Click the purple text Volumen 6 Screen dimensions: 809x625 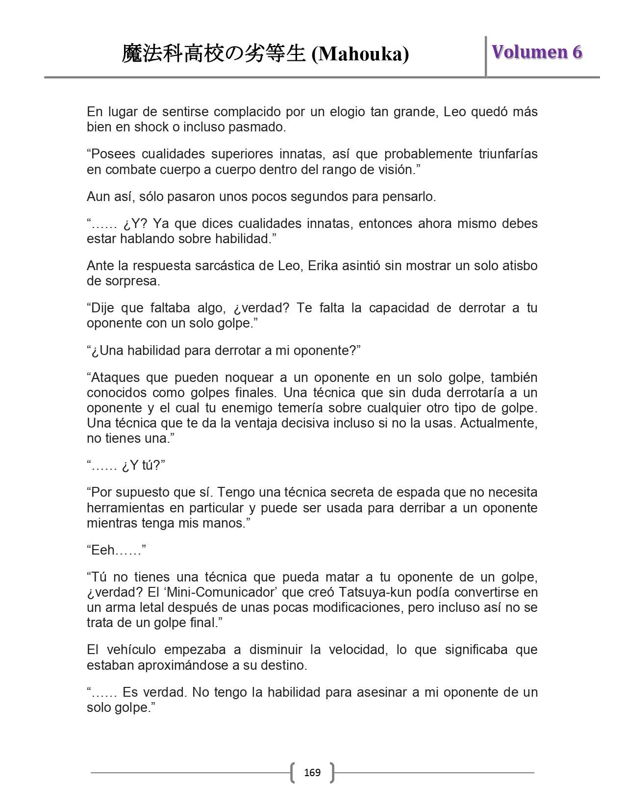click(537, 52)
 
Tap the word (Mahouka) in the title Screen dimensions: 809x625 click(360, 54)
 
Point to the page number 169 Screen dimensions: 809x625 click(312, 773)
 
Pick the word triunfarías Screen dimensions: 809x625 click(508, 154)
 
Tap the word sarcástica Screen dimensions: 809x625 click(215, 266)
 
